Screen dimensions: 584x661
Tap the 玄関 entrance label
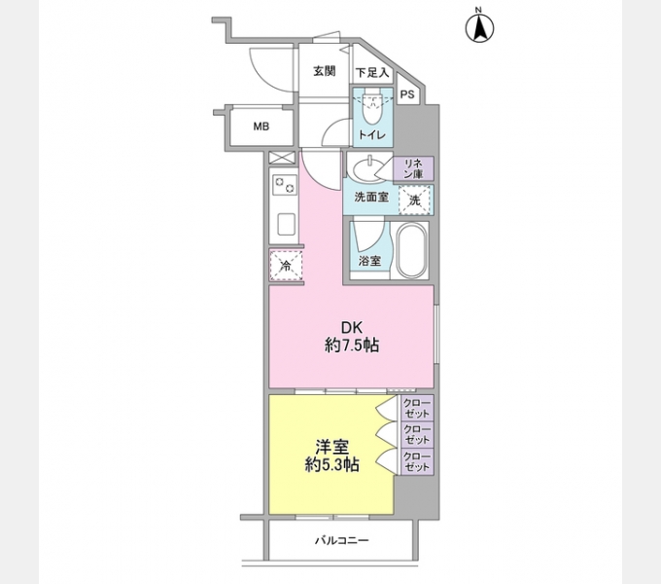point(324,71)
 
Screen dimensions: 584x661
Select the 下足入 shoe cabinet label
point(371,72)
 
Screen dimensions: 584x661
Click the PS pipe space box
point(407,94)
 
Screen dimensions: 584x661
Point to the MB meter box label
point(261,126)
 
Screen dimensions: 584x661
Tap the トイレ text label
point(371,135)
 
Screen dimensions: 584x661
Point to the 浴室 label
point(368,261)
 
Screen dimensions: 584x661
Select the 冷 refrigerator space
point(286,264)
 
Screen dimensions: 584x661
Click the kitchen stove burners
point(285,182)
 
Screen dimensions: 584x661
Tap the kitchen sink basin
point(286,225)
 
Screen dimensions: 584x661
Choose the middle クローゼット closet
point(417,434)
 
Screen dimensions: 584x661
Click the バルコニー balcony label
point(341,540)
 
